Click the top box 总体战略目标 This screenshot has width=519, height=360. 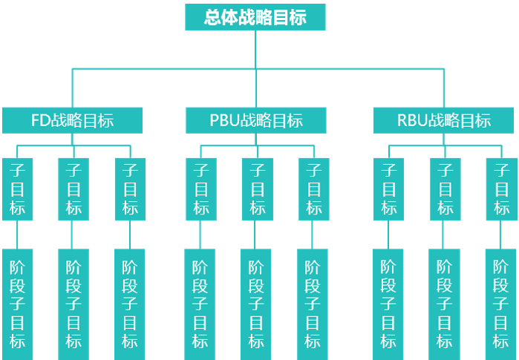[255, 17]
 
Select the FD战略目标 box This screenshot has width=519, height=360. [72, 120]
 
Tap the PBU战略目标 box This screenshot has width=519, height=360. [255, 120]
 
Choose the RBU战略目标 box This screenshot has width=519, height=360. [443, 120]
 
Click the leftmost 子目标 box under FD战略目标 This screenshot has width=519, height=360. [18, 189]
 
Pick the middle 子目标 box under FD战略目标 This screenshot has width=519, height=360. [74, 189]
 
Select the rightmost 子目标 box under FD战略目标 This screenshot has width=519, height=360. [130, 189]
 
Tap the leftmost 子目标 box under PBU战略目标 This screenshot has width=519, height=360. [201, 189]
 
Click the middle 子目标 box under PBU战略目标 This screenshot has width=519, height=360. [257, 189]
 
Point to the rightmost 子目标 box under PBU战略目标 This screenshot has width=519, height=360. [313, 189]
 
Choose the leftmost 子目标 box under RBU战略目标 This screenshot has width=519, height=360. [389, 189]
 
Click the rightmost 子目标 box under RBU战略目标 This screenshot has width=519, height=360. [502, 189]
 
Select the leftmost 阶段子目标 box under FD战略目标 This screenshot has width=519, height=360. [18, 304]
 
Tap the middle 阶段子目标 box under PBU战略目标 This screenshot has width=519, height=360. [255, 304]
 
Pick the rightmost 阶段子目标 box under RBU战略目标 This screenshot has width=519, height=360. [501, 304]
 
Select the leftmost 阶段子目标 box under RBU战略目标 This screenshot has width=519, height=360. [388, 304]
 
